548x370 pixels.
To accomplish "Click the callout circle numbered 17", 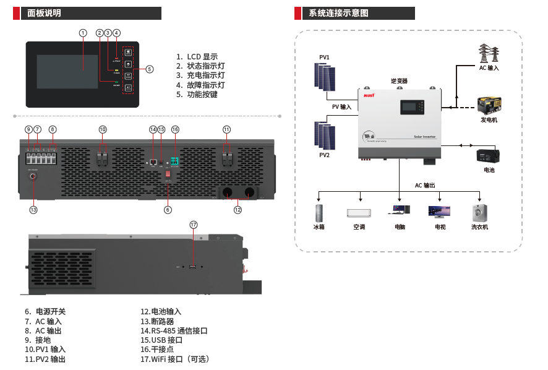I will [194, 225].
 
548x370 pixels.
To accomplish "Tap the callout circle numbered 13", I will [33, 210].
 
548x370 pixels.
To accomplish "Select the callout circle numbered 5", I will [150, 69].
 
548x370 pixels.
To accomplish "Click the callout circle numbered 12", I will [238, 210].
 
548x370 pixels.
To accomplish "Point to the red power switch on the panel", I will [167, 174].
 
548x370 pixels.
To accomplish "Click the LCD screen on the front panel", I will [67, 71].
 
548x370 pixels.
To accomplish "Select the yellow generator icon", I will [489, 105].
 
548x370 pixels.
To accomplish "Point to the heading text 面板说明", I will [45, 13].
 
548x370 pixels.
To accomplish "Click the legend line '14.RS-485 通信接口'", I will [174, 330].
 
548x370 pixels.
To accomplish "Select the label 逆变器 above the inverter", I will [399, 81].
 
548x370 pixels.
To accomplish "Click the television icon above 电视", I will [439, 212].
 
